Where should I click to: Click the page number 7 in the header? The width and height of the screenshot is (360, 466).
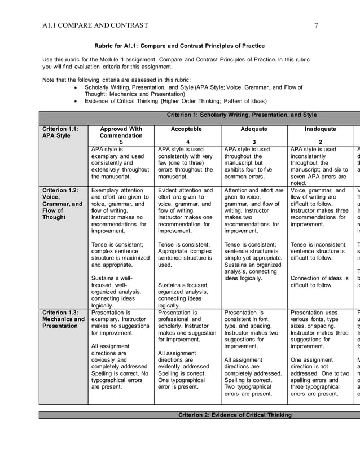point(317,25)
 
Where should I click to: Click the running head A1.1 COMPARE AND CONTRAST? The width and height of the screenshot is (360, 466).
point(95,25)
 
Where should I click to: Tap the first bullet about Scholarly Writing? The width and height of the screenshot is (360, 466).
point(193,91)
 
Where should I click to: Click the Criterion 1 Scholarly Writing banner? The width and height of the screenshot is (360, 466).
point(242,115)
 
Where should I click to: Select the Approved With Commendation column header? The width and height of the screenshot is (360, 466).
point(121,132)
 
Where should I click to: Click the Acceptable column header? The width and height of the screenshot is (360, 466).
point(186,129)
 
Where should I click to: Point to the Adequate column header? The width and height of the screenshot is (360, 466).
point(254,129)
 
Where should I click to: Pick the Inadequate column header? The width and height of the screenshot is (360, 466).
point(319,129)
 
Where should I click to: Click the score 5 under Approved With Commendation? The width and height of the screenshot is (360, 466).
point(121,142)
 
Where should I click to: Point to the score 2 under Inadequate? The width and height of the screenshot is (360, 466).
point(320,142)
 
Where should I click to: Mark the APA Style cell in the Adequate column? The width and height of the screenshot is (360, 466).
point(254,163)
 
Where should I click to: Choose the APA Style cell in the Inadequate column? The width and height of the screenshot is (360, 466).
point(319,166)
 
